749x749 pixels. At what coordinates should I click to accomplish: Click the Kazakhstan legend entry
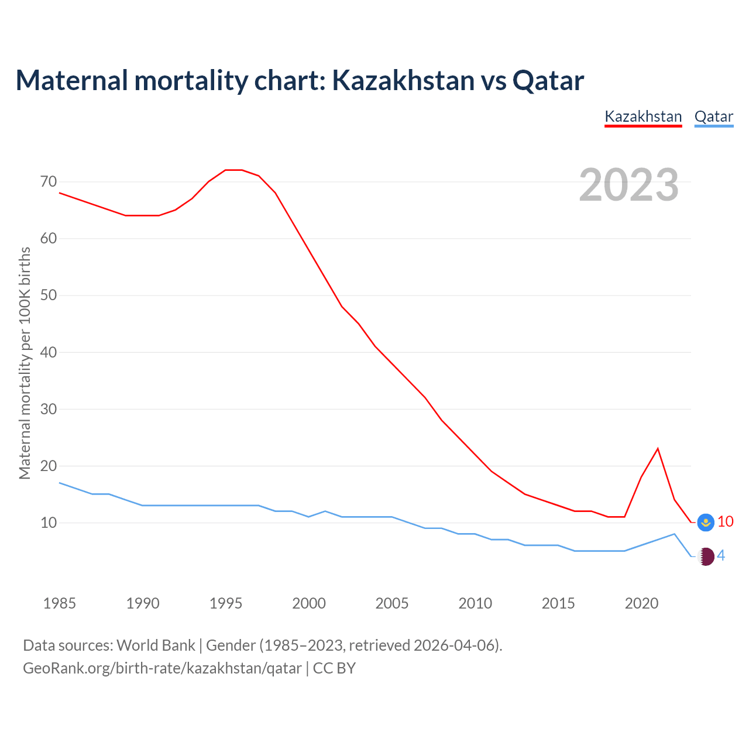pyautogui.click(x=643, y=116)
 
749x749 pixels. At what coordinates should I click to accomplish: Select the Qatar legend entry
pyautogui.click(x=713, y=116)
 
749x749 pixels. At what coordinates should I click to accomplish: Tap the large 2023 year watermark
pyautogui.click(x=628, y=185)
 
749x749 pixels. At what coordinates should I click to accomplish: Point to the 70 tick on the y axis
pyautogui.click(x=49, y=182)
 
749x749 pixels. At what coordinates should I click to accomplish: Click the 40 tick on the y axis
pyautogui.click(x=49, y=352)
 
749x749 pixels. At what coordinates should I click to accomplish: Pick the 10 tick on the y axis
pyautogui.click(x=49, y=523)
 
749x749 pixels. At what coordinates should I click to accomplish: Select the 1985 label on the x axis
pyautogui.click(x=60, y=603)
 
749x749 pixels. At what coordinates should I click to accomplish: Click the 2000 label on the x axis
pyautogui.click(x=309, y=603)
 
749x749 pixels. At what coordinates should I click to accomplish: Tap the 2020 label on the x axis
pyautogui.click(x=641, y=603)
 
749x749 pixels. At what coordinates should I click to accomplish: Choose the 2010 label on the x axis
pyautogui.click(x=475, y=603)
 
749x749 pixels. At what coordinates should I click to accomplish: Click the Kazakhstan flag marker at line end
pyautogui.click(x=706, y=522)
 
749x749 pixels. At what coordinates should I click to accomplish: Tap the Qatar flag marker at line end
pyautogui.click(x=706, y=556)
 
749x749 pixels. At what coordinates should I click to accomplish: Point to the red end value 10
pyautogui.click(x=725, y=521)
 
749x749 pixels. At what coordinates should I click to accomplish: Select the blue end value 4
pyautogui.click(x=721, y=556)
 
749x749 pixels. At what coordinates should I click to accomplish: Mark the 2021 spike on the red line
pyautogui.click(x=658, y=449)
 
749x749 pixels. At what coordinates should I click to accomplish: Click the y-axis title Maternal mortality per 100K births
pyautogui.click(x=25, y=363)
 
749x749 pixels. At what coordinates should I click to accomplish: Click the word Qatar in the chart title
pyautogui.click(x=548, y=81)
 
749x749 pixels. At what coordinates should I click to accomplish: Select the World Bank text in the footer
pyautogui.click(x=156, y=645)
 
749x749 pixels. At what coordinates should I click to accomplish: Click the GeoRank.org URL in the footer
pyautogui.click(x=162, y=668)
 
